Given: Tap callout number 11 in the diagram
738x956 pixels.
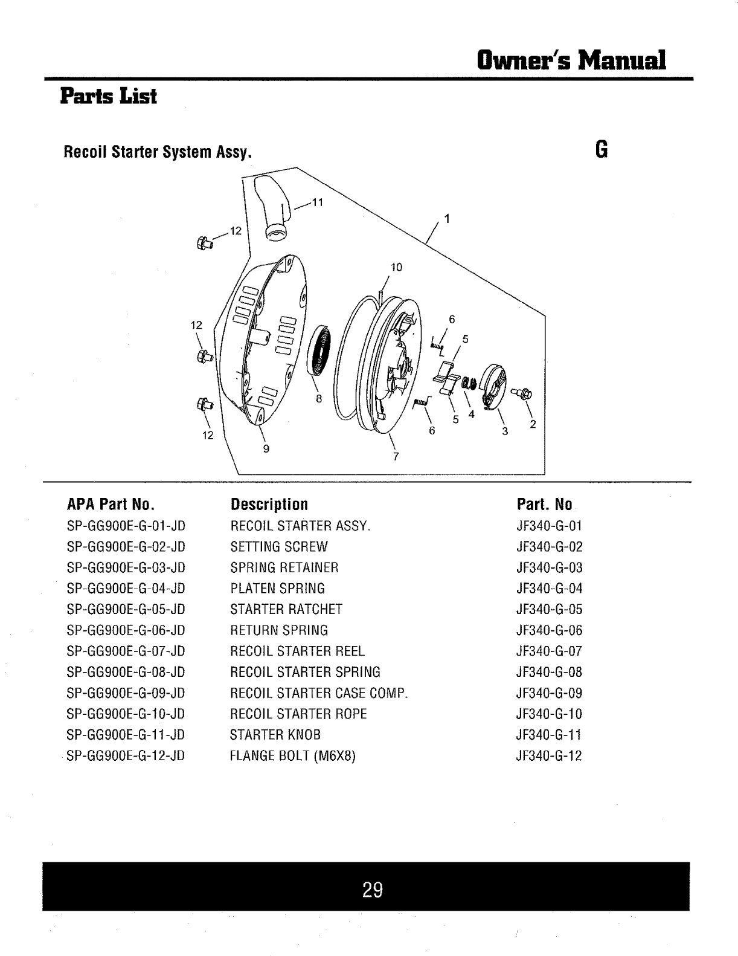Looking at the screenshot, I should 318,202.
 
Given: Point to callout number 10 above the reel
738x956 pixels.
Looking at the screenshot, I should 396,267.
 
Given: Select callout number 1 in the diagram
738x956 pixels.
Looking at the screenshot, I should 447,219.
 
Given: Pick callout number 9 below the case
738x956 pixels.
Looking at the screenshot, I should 266,448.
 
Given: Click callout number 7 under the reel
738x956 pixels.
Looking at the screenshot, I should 396,456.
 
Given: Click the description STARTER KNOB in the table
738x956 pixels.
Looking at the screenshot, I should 275,735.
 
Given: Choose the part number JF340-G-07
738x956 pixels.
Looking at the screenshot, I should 549,651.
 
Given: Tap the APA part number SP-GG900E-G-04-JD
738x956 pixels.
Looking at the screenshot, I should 126,589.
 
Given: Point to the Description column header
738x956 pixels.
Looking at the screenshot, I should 269,505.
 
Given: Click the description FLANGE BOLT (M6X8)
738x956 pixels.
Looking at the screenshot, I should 292,756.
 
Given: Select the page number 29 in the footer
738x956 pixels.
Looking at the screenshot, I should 373,890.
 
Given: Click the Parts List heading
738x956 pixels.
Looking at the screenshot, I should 108,96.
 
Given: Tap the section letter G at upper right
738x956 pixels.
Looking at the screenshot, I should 601,149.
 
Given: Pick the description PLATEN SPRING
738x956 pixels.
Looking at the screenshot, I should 277,589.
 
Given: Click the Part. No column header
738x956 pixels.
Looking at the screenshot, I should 544,505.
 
